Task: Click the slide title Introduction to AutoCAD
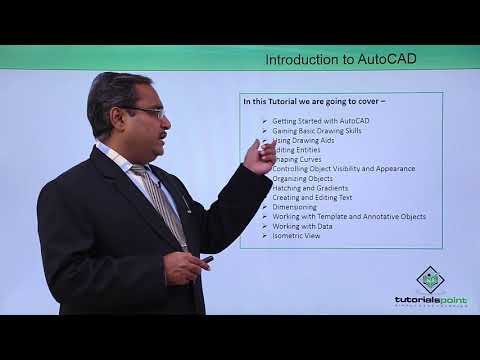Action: [341, 59]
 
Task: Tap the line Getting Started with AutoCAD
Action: [320, 121]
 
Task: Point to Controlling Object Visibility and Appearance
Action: [343, 169]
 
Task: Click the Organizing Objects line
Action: [306, 179]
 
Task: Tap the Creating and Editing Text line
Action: [319, 198]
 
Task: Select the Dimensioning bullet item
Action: [295, 207]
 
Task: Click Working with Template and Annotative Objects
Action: [349, 217]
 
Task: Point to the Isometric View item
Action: [297, 236]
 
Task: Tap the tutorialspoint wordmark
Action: [429, 299]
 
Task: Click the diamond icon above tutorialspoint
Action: [429, 278]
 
